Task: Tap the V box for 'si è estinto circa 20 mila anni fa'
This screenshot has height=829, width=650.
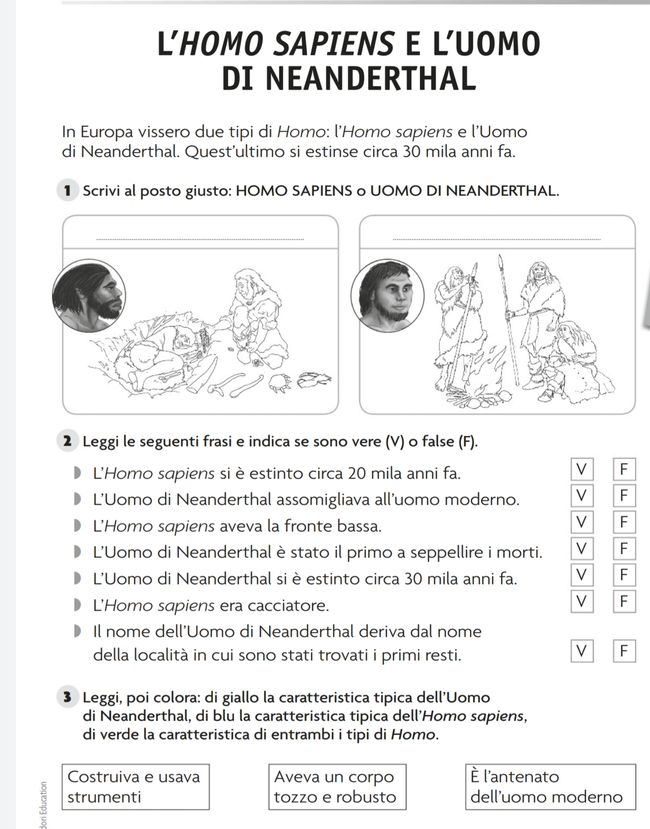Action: tap(582, 469)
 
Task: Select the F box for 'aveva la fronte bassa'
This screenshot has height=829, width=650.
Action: tap(624, 522)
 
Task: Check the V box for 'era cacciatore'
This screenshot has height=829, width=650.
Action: tap(582, 601)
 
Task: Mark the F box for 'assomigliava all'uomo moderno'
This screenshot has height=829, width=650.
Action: tap(624, 496)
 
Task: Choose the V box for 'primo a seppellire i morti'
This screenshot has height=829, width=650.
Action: tap(582, 549)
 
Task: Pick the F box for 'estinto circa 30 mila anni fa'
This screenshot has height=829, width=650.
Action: tap(624, 575)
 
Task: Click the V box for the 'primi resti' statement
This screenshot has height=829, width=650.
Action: tap(582, 651)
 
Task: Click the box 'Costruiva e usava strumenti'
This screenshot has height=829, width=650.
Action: tap(135, 787)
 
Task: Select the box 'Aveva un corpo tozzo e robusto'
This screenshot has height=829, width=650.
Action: tap(337, 787)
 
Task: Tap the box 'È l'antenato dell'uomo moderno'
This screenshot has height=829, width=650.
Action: tap(550, 787)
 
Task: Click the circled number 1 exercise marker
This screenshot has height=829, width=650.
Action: tap(68, 191)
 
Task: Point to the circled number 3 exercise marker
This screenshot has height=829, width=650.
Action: tap(68, 698)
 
